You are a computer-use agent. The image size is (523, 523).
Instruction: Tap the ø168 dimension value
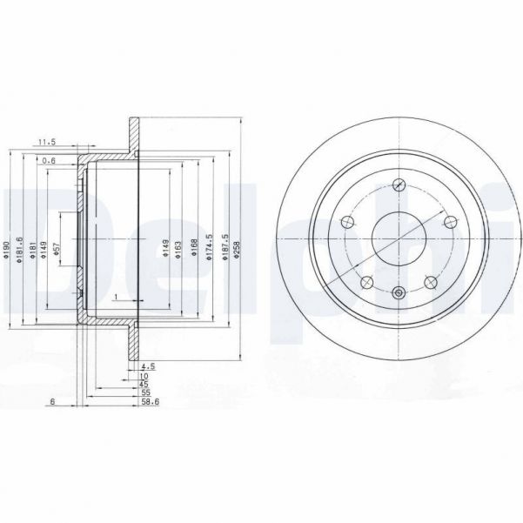[x=195, y=250]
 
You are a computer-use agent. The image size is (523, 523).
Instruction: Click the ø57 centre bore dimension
[x=57, y=250]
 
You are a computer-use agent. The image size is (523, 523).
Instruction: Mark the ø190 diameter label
[x=6, y=250]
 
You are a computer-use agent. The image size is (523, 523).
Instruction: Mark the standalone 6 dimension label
[x=53, y=402]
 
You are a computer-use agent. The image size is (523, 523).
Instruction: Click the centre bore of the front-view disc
[x=399, y=236]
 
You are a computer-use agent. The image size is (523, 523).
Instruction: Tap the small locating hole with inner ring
[x=399, y=292]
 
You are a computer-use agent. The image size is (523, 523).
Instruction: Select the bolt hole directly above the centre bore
[x=399, y=184]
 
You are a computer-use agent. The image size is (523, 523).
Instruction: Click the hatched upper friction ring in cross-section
[x=135, y=135]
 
